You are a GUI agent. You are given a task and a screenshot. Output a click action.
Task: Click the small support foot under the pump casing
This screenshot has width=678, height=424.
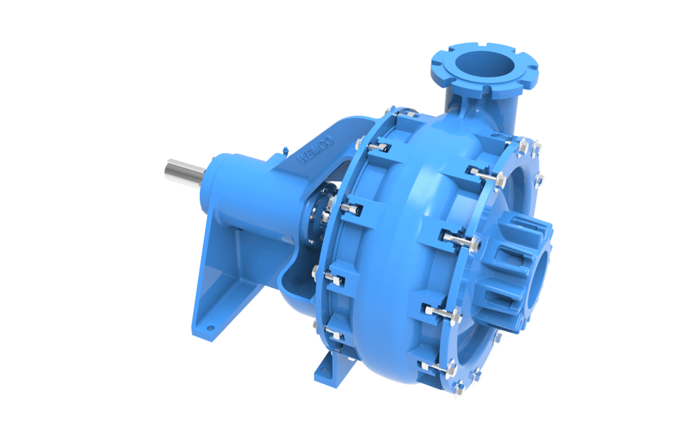(x=331, y=365)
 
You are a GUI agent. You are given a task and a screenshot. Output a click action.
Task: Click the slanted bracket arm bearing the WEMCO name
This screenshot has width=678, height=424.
(x=316, y=147)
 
